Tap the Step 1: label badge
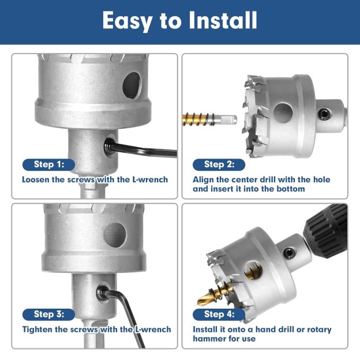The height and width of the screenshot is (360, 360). point(48,164)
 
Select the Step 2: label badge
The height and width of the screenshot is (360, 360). point(219,164)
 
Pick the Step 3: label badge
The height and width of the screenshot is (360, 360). point(48,314)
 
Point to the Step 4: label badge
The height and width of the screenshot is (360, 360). point(219,314)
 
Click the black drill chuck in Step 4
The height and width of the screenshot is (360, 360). point(329,228)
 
